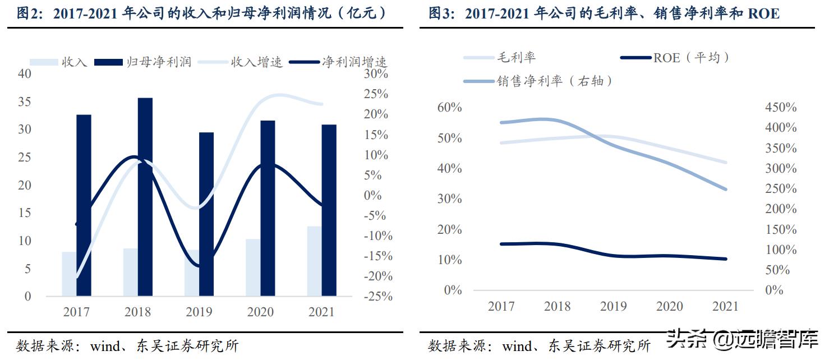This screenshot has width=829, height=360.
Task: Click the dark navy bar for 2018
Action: tap(145, 196)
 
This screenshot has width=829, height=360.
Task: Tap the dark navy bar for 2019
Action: tap(206, 213)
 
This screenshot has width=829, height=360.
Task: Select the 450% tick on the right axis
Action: tap(781, 107)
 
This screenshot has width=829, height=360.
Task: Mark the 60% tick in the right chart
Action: tap(449, 107)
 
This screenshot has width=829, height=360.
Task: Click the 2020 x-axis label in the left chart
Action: tap(260, 312)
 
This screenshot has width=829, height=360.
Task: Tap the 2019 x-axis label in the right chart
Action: tap(613, 306)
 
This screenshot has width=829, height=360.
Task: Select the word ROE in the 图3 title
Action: tap(763, 13)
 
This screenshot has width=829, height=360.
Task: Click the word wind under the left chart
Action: tap(105, 346)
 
